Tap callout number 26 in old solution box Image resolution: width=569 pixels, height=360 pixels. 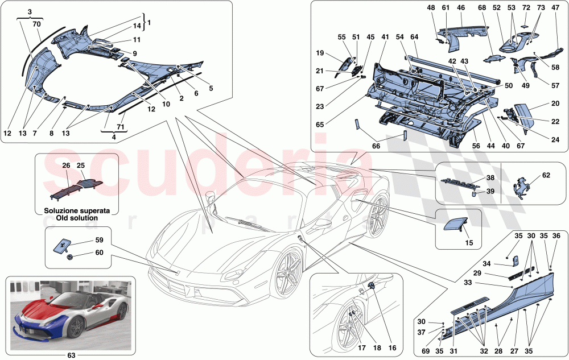[66, 165]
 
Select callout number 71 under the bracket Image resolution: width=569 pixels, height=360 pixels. [119, 128]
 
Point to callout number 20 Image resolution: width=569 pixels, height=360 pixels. [539, 106]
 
